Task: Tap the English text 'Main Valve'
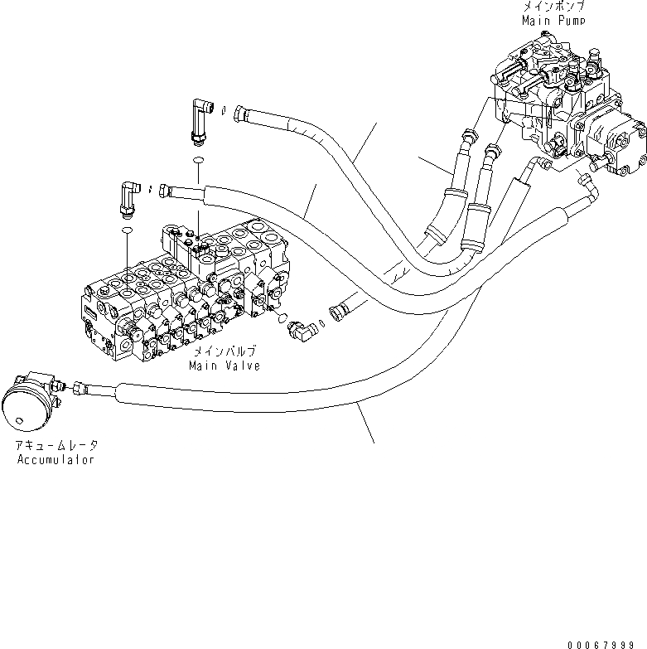[x=224, y=365]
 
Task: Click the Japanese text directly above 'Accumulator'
[x=55, y=446]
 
